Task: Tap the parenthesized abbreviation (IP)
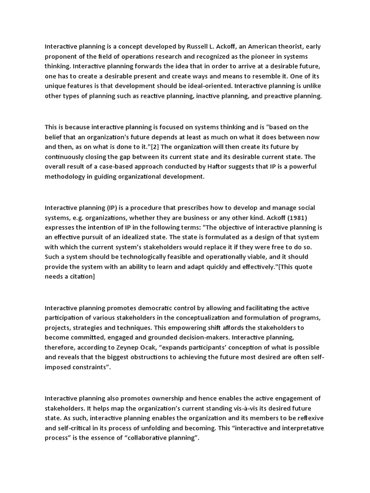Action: click(112, 208)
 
